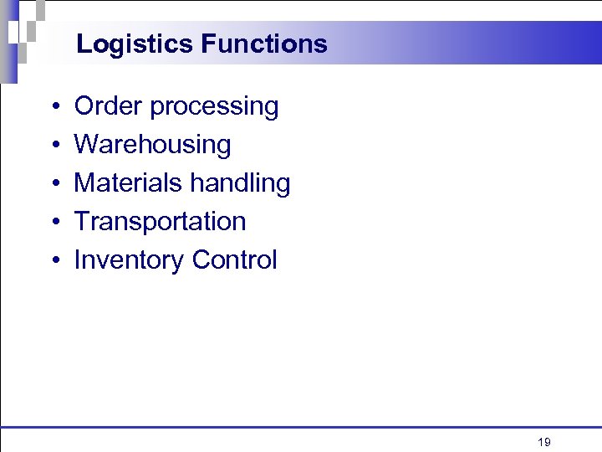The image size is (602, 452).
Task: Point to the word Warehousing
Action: (152, 146)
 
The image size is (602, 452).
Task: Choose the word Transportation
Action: (160, 221)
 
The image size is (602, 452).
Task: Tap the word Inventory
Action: (130, 260)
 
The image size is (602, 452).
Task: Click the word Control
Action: (235, 259)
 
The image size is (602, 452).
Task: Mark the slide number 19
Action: (544, 442)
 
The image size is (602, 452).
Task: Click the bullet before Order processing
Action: (53, 108)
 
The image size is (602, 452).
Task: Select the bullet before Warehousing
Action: (53, 146)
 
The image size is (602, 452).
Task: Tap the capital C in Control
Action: (201, 259)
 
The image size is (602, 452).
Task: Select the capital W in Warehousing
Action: (86, 145)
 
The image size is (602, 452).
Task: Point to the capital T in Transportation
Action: (81, 221)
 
